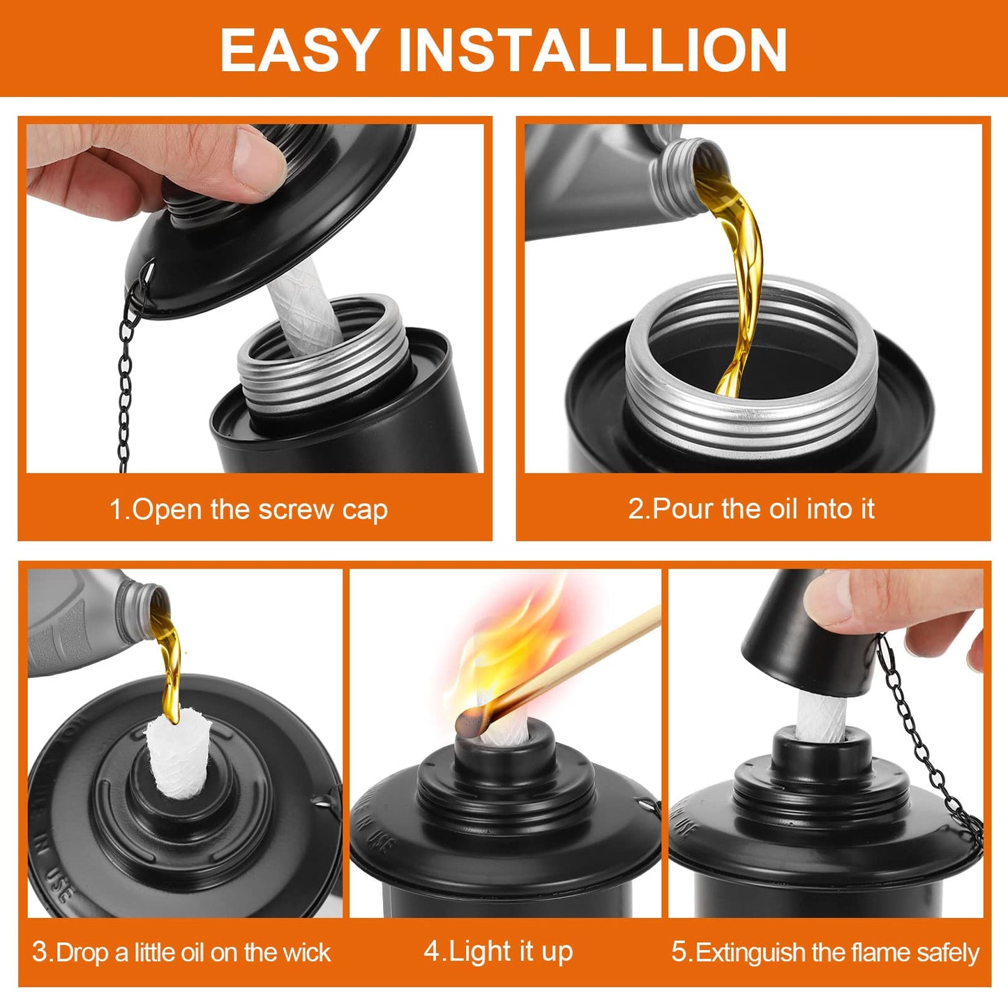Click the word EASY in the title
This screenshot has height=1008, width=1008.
tap(298, 50)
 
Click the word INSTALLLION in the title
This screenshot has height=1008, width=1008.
tap(592, 50)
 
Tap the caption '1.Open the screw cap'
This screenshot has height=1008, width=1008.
tap(248, 509)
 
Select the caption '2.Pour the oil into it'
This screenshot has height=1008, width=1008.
tap(751, 509)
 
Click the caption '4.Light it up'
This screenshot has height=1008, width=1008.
tap(498, 951)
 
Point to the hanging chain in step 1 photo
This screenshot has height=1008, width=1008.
tap(126, 377)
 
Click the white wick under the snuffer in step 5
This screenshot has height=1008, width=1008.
tap(823, 715)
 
